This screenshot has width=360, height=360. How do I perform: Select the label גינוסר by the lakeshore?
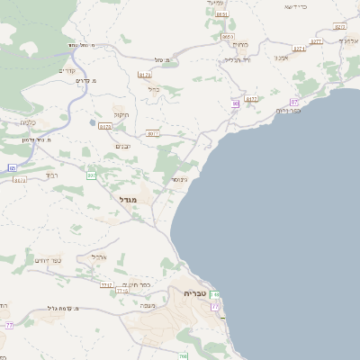pos(180,179)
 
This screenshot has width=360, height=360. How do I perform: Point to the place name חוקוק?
pos(121,114)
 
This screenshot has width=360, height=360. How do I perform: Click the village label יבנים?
pos(124,147)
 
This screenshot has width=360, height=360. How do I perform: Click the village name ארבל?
pos(100,256)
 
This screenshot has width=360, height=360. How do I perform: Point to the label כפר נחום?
pos(290,110)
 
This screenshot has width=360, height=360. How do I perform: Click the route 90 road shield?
pos(235,103)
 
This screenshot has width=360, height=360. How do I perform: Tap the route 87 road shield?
pos(293,102)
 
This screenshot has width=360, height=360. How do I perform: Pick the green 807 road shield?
pos(91,175)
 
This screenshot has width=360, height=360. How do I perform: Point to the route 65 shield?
pos(13,168)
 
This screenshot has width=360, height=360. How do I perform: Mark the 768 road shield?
pos(183,357)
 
